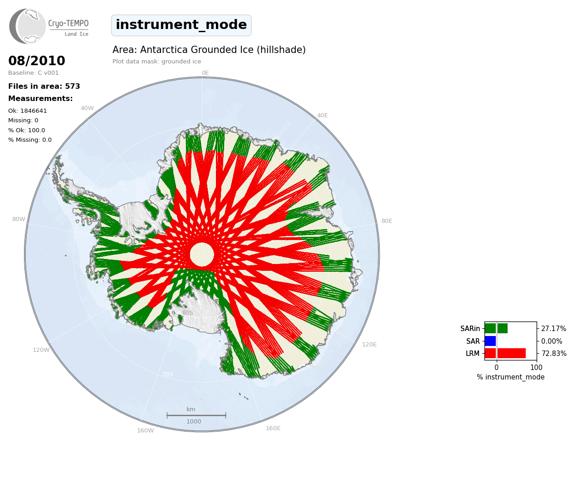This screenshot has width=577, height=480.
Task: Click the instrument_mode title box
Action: pos(181,25)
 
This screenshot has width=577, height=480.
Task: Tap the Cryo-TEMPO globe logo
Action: pos(27,26)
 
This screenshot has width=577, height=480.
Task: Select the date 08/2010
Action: pos(37,61)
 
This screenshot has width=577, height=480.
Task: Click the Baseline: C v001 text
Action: pos(34,73)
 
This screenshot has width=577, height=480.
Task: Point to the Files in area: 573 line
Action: pos(44,86)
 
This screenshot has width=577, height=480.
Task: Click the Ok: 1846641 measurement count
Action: pos(28,110)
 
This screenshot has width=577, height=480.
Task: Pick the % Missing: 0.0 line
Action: pos(30,140)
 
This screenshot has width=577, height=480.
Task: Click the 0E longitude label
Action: pos(205,73)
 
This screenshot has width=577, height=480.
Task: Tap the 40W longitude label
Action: pos(87,108)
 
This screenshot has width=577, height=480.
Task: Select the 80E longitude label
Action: pos(387,221)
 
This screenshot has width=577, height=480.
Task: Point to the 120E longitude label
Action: pos(369,345)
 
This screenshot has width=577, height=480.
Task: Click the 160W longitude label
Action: pos(146,431)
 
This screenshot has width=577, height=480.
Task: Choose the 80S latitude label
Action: pos(188,313)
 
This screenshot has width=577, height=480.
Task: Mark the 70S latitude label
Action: pos(167,374)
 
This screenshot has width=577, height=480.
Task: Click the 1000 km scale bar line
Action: pos(196,415)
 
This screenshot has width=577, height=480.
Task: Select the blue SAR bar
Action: pos(490,341)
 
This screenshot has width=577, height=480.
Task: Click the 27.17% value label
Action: pos(553,329)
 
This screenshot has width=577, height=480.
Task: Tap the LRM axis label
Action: pos(473,353)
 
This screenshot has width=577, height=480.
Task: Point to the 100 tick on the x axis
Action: pos(536,367)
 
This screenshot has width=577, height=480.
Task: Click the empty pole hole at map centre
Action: pos(202,254)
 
